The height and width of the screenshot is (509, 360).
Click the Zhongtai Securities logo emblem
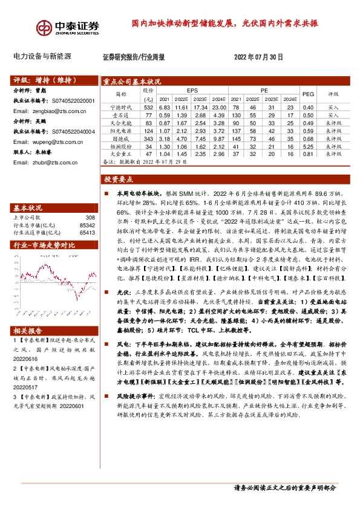(x=44, y=28)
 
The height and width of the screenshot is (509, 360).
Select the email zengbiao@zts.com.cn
(x=50, y=112)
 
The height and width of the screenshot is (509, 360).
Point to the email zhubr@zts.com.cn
(x=47, y=162)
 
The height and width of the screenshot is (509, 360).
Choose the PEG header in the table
(x=308, y=94)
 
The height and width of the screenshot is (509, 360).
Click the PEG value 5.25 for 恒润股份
(x=308, y=146)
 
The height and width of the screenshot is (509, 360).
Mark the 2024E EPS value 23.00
(x=219, y=106)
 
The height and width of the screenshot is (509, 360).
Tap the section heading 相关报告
(x=28, y=331)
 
